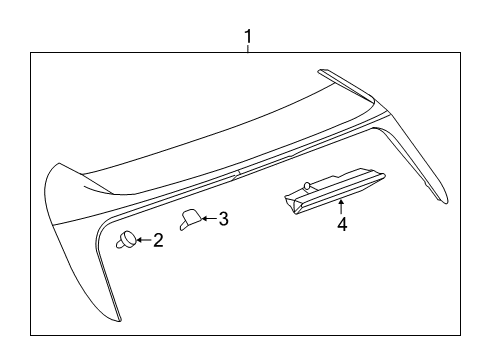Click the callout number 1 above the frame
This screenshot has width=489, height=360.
(248, 38)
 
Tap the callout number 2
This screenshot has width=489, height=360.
(158, 240)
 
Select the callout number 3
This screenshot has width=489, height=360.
(223, 218)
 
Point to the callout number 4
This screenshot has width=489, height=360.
(341, 225)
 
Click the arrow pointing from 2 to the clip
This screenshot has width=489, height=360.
(143, 240)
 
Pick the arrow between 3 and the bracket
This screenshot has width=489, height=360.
(207, 218)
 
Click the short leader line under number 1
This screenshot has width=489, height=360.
(248, 52)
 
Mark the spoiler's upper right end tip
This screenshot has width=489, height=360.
(322, 71)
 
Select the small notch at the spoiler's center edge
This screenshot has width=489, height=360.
(237, 175)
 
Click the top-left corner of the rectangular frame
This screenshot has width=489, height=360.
(30, 54)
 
